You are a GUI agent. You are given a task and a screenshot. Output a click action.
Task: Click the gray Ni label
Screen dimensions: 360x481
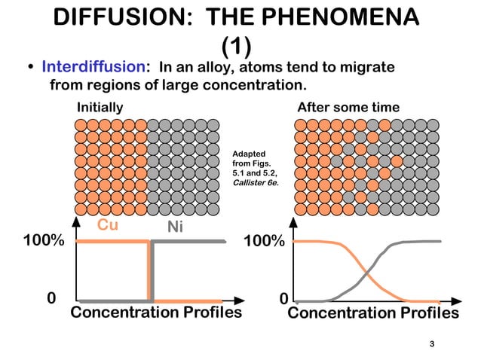point(175,227)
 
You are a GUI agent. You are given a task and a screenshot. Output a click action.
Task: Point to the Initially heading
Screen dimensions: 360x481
point(100,107)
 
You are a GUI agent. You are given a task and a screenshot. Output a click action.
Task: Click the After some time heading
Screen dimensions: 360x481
point(348,107)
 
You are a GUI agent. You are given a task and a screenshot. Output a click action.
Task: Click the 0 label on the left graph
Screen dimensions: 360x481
point(51,298)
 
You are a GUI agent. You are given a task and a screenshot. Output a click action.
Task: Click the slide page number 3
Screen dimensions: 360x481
point(432,344)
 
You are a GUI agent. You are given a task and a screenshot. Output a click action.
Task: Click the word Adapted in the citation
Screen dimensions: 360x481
point(248,154)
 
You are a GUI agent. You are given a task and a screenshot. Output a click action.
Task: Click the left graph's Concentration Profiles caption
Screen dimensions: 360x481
point(156,313)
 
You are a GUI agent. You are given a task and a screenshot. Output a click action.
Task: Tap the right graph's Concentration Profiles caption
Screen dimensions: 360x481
point(373,313)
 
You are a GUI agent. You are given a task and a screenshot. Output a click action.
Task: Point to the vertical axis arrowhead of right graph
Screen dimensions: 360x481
point(293,223)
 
